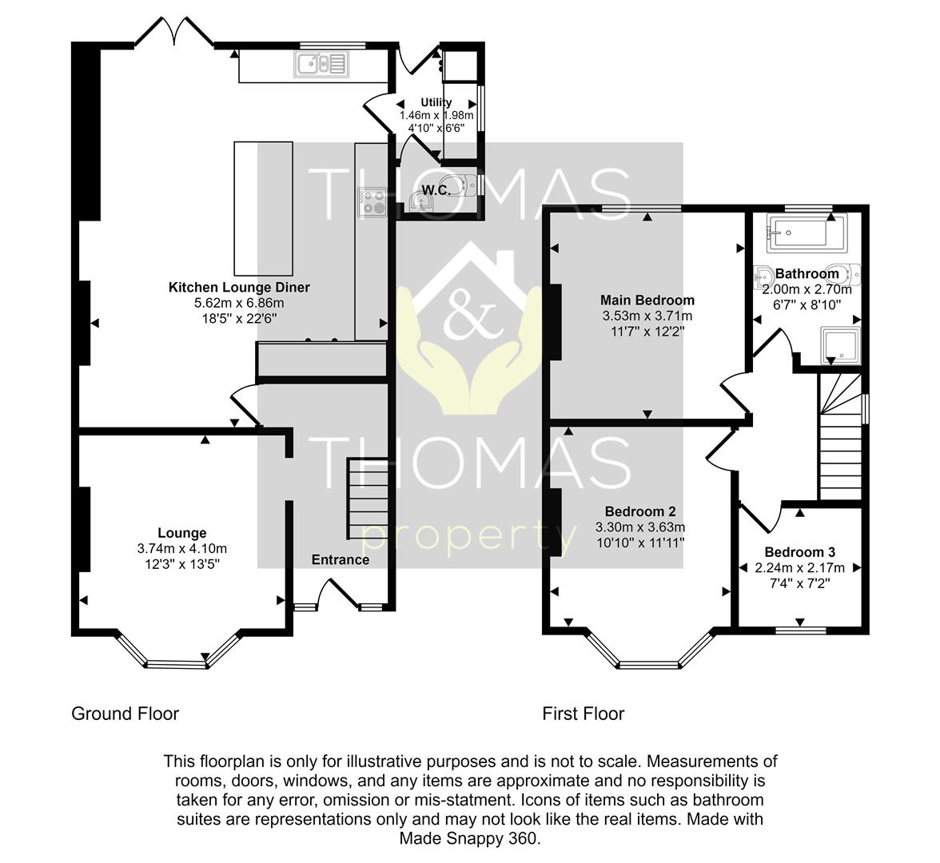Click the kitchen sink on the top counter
coord(321,64)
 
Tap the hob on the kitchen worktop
coord(372,203)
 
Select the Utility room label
coord(436,102)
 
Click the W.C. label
coord(436,190)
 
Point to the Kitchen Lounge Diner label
coord(239,287)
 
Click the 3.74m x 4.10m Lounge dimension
coord(182,548)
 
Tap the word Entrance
coord(341,559)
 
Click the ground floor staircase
coord(368,499)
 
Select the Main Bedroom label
coord(647,300)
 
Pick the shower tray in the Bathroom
coord(840,345)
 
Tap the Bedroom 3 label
coord(799,552)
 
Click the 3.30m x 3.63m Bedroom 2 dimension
coord(640,527)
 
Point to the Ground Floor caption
coord(125,714)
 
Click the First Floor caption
coord(584,714)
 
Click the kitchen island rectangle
coord(263,209)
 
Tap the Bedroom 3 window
coord(800,630)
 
